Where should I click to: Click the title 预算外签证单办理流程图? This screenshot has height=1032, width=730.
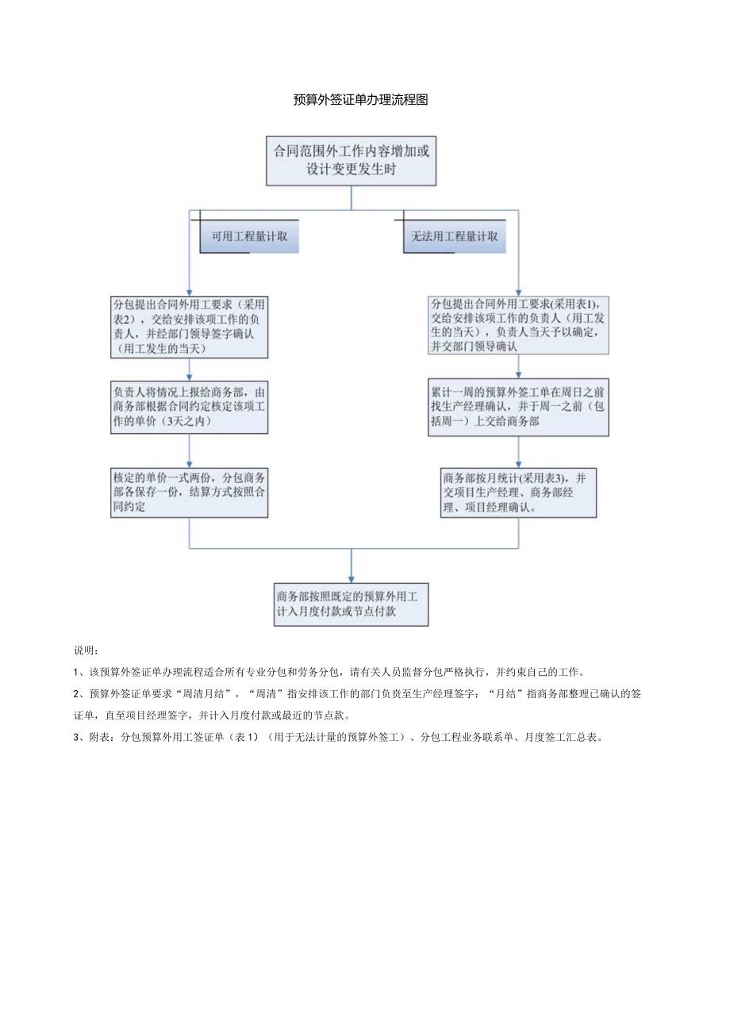361,99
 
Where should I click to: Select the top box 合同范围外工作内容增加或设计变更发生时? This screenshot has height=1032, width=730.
351,160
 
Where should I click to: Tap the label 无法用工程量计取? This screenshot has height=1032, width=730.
455,236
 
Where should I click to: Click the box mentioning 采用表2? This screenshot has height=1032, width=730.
190,326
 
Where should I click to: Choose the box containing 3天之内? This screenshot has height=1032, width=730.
190,407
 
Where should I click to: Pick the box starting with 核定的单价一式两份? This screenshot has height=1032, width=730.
190,493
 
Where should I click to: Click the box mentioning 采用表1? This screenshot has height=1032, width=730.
519,324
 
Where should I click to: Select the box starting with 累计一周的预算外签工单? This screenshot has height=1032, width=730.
519,407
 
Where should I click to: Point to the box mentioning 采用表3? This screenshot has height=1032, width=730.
519,493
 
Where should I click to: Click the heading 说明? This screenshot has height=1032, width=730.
85,650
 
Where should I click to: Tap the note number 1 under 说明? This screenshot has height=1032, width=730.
75,671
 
